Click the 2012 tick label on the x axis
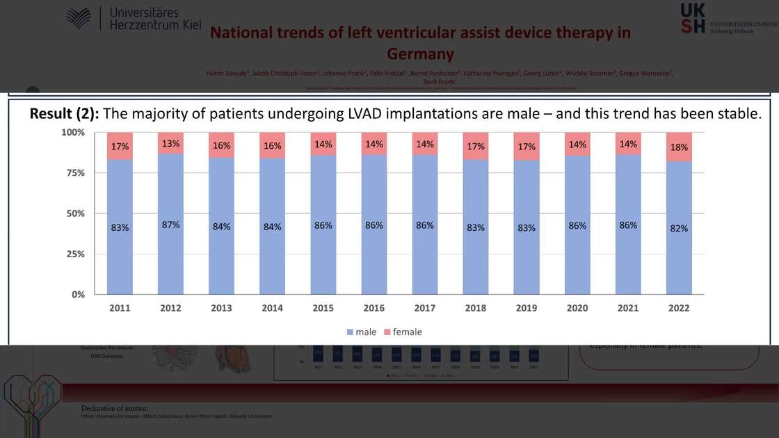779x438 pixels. click(x=170, y=308)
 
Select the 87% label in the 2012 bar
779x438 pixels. click(x=170, y=225)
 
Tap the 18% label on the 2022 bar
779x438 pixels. click(x=679, y=147)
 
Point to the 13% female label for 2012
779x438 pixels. click(x=170, y=143)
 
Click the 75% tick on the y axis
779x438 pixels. click(x=74, y=173)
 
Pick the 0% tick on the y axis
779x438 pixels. click(x=77, y=295)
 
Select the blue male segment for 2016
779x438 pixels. click(x=374, y=257)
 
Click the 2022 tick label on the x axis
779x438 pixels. click(x=679, y=308)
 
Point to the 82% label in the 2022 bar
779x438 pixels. click(x=679, y=228)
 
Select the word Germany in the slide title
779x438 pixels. click(x=420, y=54)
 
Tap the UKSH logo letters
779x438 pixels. click(x=693, y=18)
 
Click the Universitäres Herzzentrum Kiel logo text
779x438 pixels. click(x=154, y=19)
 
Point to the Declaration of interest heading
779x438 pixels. click(x=115, y=408)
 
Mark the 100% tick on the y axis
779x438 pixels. click(x=72, y=132)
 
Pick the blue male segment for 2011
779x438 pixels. click(x=120, y=257)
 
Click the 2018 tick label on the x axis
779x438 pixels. click(x=476, y=308)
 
